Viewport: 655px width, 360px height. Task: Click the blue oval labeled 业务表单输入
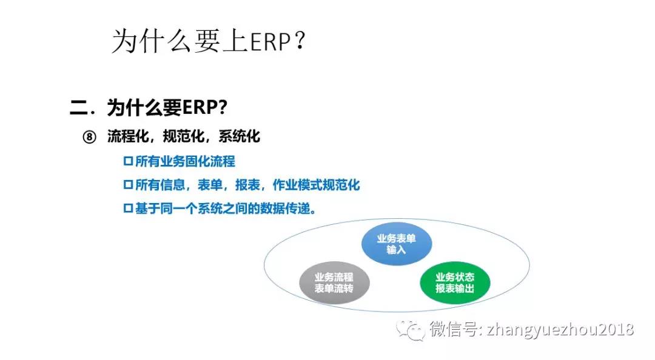click(x=397, y=244)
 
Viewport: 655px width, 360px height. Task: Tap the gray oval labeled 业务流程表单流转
click(x=334, y=283)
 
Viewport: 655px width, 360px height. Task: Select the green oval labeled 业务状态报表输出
click(x=455, y=283)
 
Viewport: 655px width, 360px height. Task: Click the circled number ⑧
click(x=89, y=137)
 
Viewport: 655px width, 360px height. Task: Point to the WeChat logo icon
click(x=411, y=330)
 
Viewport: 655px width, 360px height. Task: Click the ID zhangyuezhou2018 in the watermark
click(x=560, y=330)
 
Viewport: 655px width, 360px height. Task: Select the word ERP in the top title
click(x=270, y=41)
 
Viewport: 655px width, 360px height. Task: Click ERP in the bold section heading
click(x=200, y=107)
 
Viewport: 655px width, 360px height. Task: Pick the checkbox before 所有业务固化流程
click(x=128, y=161)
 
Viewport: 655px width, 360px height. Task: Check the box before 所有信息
click(x=128, y=185)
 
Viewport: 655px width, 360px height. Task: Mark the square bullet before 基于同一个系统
click(x=128, y=208)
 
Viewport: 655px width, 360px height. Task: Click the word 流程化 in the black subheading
click(x=128, y=136)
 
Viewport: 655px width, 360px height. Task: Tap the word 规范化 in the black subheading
click(x=183, y=136)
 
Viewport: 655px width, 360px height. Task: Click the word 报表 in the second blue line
click(x=247, y=185)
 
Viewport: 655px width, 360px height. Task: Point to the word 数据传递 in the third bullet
click(x=285, y=208)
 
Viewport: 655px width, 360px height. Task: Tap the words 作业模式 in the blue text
click(x=297, y=185)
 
